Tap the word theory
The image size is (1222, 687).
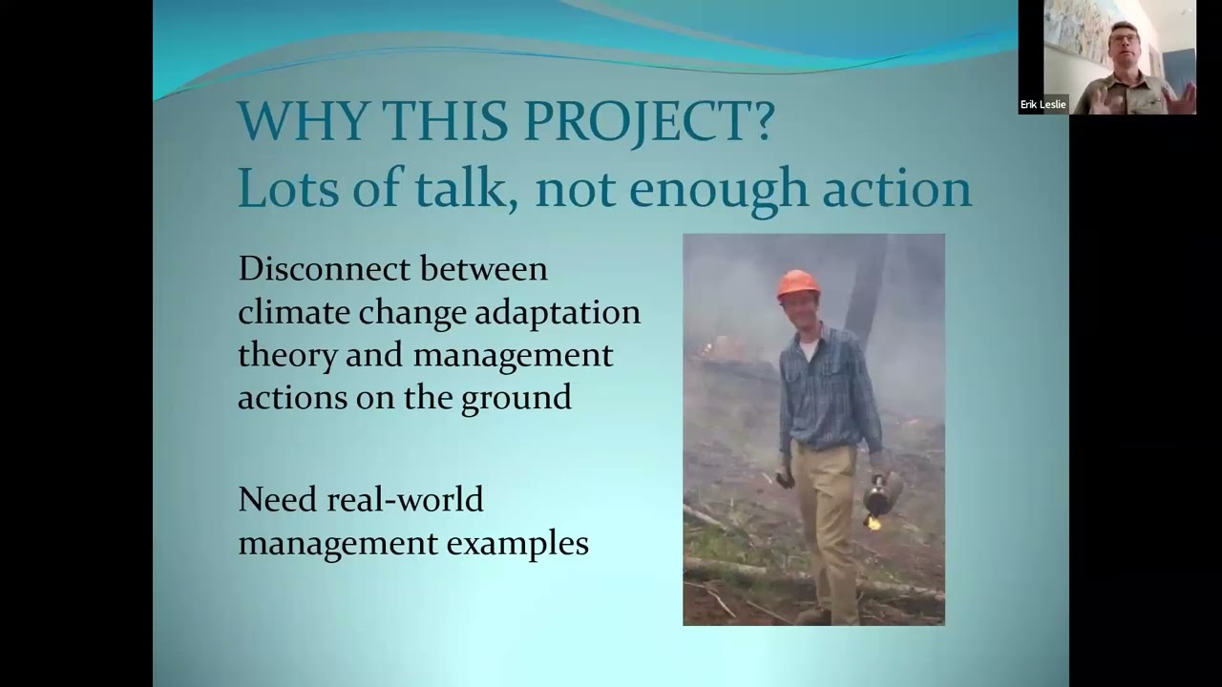pos(287,356)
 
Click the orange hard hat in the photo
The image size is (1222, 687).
pos(798,283)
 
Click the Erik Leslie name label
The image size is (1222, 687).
pos(1043,104)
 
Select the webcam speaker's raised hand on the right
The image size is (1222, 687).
pos(1183,95)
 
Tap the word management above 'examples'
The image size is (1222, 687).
pos(335,544)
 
